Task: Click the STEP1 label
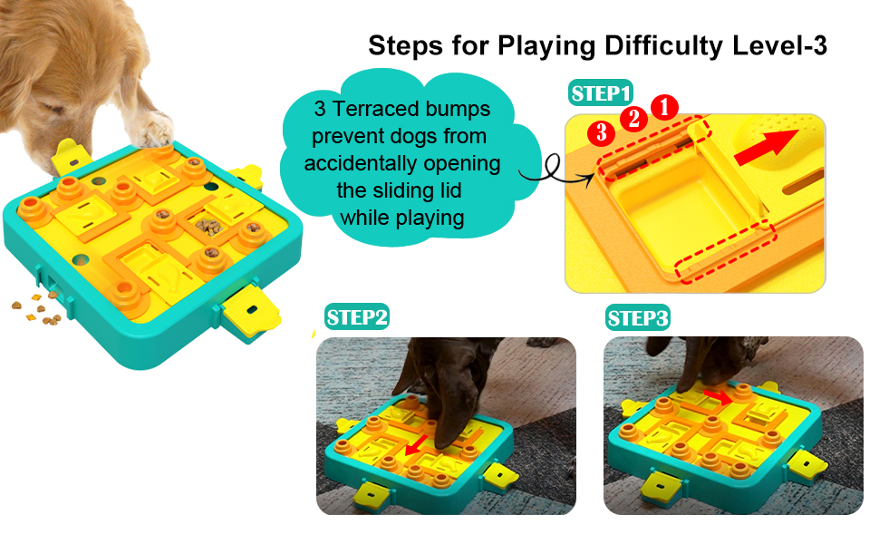tap(600, 93)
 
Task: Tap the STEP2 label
tap(357, 317)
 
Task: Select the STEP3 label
tap(638, 318)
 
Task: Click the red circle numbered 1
tap(665, 107)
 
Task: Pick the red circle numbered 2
tap(633, 118)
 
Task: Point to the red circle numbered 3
tap(599, 132)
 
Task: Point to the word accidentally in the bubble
tap(401, 163)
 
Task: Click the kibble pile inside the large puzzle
tap(208, 224)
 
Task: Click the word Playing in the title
tap(534, 46)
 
